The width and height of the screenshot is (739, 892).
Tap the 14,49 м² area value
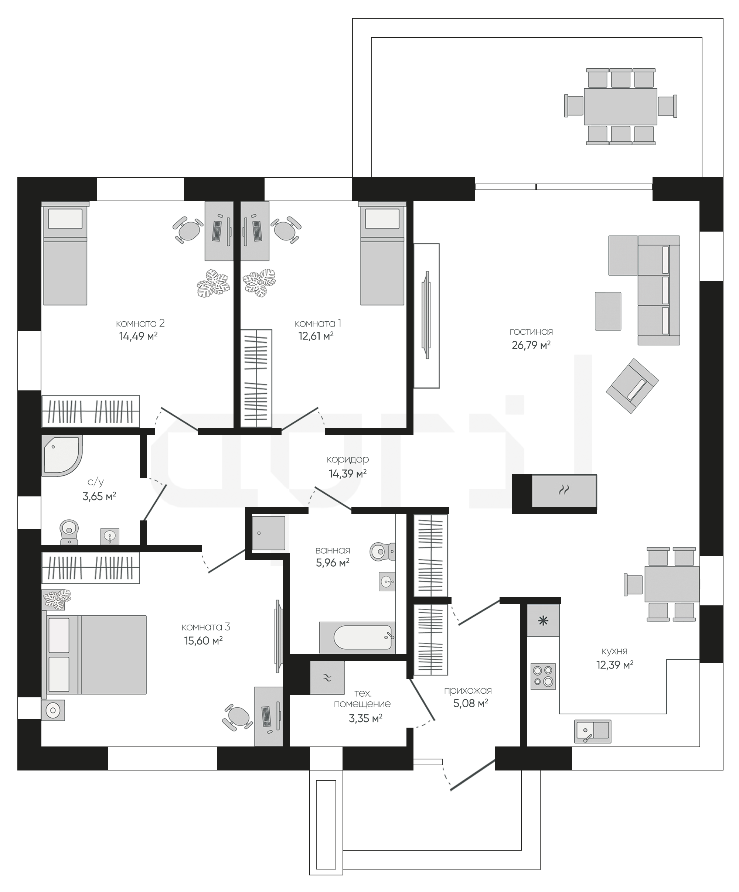(138, 336)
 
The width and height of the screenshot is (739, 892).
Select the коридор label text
(348, 459)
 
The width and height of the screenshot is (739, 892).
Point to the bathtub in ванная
(357, 638)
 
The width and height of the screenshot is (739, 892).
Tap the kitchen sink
(592, 731)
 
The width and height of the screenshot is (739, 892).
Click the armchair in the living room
(632, 386)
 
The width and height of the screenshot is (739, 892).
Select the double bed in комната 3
(94, 655)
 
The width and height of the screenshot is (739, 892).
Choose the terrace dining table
(620, 107)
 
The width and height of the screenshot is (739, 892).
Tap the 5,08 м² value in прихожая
(470, 703)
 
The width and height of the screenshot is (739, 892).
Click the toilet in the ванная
(382, 552)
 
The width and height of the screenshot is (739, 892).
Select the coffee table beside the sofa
(608, 311)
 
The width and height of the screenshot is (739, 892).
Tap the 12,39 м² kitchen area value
(615, 665)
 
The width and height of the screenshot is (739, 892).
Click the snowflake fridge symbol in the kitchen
(543, 621)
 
